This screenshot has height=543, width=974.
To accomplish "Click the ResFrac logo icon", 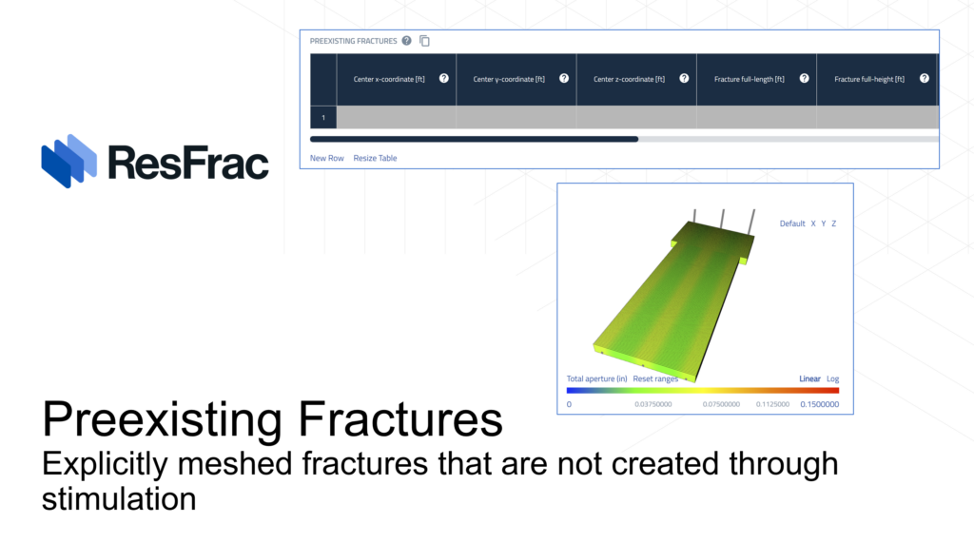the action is click(x=68, y=161).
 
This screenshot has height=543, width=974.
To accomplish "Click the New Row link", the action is click(x=327, y=159).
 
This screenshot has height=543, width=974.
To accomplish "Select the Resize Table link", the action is click(x=375, y=159).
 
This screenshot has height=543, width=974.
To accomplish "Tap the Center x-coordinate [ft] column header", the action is click(x=389, y=80).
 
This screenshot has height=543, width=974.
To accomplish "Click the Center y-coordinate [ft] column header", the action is click(x=509, y=80).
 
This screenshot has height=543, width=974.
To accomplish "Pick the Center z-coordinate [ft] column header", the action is click(x=629, y=80).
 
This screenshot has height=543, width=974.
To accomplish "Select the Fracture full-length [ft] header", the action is click(x=750, y=80).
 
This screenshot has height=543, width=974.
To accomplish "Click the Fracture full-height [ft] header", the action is click(x=869, y=80).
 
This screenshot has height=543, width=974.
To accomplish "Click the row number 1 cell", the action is click(x=323, y=117).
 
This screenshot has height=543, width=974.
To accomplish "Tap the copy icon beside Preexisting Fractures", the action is click(x=425, y=41).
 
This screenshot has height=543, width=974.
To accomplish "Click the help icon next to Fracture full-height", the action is click(x=925, y=78).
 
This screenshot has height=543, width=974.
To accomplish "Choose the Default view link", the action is click(x=792, y=223).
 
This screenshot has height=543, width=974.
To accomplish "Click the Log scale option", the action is click(x=832, y=379).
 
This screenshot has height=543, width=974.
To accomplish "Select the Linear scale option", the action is click(x=809, y=379).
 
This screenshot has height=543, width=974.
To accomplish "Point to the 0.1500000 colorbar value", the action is click(x=819, y=404).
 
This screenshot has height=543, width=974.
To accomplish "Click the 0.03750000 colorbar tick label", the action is click(x=653, y=404).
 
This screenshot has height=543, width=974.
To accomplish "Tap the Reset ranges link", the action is click(x=655, y=379).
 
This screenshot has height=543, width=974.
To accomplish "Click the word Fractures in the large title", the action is click(x=400, y=418).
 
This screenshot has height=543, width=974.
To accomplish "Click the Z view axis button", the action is click(x=833, y=223).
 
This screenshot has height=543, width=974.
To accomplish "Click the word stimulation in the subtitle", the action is click(x=119, y=499).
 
